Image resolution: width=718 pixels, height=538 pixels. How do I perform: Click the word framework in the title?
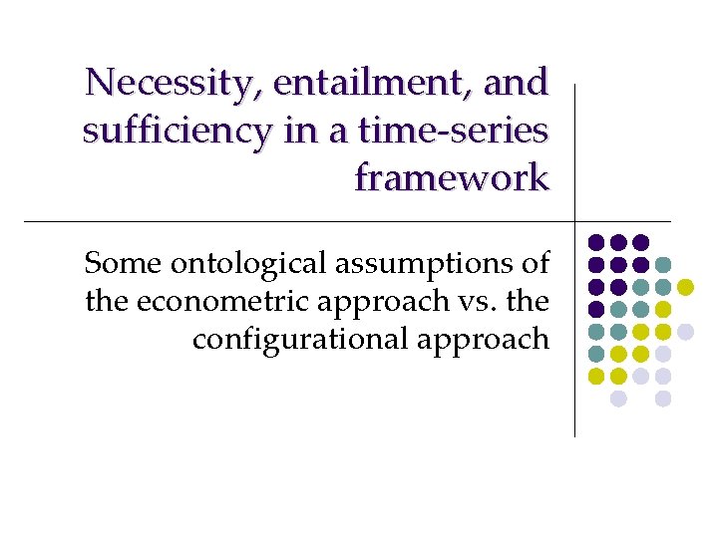[452, 177]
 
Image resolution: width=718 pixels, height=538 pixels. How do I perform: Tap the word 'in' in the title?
[300, 130]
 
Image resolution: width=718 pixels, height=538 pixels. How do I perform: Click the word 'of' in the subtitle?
[533, 263]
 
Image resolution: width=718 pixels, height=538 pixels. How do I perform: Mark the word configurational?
[290, 340]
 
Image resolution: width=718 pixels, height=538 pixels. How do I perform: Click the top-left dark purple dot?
[595, 242]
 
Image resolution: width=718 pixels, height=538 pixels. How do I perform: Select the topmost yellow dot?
[685, 287]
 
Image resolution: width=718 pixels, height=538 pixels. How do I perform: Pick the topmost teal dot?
[663, 265]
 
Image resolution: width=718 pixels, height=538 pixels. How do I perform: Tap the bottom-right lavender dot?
[663, 399]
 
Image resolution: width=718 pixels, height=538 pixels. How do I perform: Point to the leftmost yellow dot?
[595, 377]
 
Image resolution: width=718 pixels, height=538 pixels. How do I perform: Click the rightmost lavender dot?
[685, 332]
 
